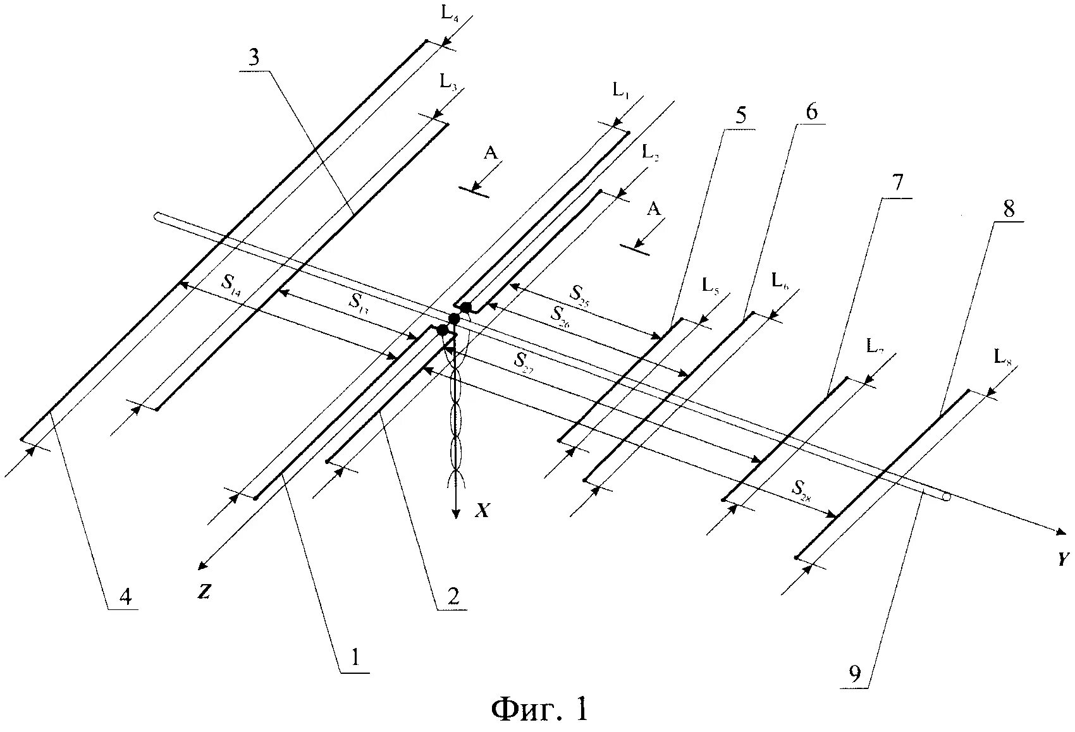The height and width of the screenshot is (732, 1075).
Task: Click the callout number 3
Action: (254, 58)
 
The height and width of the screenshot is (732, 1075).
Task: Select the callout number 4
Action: (126, 595)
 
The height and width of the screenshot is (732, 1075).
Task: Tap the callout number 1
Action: (355, 659)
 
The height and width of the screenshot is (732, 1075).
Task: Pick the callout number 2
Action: (453, 595)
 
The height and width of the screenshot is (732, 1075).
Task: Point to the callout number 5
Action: (740, 116)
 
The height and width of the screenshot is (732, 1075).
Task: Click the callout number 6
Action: (811, 112)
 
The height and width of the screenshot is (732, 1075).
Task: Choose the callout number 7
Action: (898, 184)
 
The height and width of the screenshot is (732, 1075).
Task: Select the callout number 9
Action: (854, 674)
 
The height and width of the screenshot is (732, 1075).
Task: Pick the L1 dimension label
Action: (621, 91)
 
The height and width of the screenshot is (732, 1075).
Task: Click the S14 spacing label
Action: (231, 282)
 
